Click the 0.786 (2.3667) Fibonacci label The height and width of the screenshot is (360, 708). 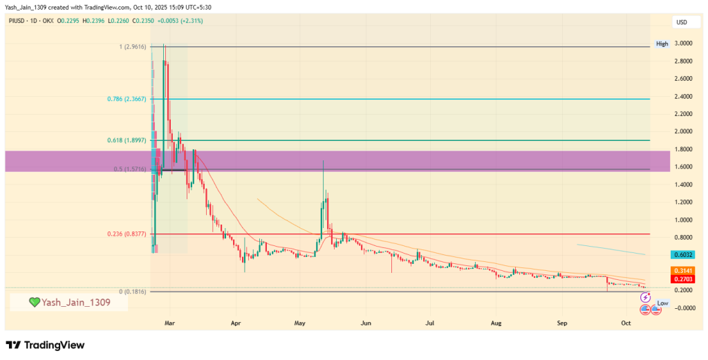(127, 99)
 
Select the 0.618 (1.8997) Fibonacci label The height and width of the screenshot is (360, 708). (127, 140)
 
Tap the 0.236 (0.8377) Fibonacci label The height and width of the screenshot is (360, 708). (127, 234)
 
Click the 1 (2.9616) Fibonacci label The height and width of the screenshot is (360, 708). (131, 46)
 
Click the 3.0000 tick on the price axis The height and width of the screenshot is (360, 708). (684, 44)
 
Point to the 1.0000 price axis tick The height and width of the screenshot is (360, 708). (684, 220)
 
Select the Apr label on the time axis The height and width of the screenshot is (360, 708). (236, 323)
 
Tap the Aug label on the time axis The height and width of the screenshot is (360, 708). (496, 323)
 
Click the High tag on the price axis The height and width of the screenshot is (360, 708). (662, 44)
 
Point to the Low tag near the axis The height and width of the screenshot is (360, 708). (662, 303)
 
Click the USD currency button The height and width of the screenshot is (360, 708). (682, 23)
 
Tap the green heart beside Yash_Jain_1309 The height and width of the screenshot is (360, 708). (34, 302)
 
